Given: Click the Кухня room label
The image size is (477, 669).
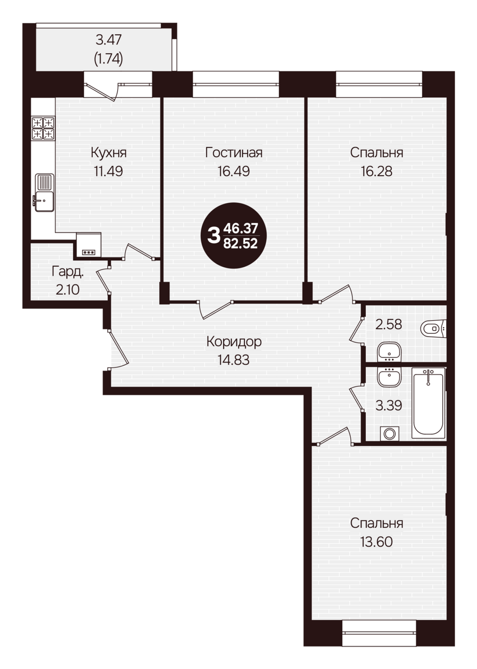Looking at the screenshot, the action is (x=109, y=153).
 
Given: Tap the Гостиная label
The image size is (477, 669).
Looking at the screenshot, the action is (x=234, y=153).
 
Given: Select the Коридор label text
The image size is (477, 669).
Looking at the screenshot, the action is (x=234, y=341).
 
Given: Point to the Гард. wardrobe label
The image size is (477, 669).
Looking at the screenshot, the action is (x=68, y=272).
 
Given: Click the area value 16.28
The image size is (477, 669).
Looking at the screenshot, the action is (x=376, y=171).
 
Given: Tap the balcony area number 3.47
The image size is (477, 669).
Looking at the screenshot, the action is (x=109, y=40).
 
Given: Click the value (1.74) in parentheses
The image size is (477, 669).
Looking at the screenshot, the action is (x=109, y=59).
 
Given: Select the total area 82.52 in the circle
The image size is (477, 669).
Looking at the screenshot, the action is (x=241, y=244).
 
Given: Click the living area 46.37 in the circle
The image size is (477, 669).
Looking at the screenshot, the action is (x=241, y=228).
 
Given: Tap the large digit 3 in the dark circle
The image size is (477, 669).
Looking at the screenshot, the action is (x=213, y=236).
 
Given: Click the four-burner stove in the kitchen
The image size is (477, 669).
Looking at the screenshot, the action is (x=43, y=128).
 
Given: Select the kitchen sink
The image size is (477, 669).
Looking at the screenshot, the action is (x=44, y=193).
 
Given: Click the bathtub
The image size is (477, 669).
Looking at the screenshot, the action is (x=428, y=403).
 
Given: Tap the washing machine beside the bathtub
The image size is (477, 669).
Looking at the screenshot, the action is (x=389, y=433).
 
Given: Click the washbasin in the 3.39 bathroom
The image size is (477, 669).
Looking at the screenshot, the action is (x=389, y=377).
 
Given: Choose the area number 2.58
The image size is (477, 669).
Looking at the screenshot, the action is (x=389, y=324).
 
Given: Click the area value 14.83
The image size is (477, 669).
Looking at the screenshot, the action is (x=233, y=360).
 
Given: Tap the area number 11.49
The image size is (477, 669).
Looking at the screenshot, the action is (x=109, y=171).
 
